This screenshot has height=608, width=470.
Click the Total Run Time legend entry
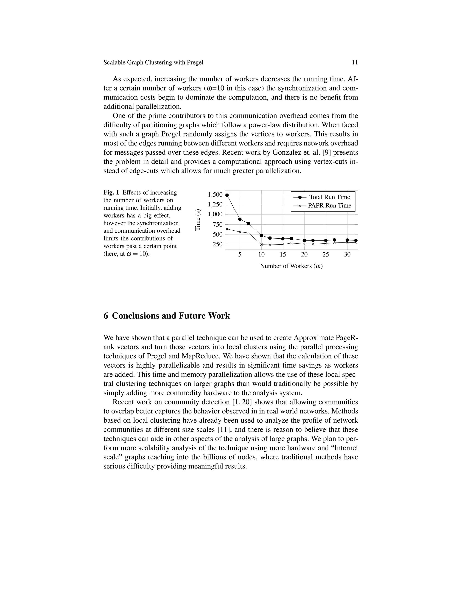point(329,197)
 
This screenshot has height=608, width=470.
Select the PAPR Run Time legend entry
point(329,206)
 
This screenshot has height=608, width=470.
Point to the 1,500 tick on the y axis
point(215,195)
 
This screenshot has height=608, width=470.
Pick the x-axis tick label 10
point(261,254)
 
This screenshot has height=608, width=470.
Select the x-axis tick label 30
point(347,254)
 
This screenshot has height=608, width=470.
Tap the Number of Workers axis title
point(291,266)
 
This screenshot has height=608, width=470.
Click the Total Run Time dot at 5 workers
point(240,219)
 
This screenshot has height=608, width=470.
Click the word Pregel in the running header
point(195,63)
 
